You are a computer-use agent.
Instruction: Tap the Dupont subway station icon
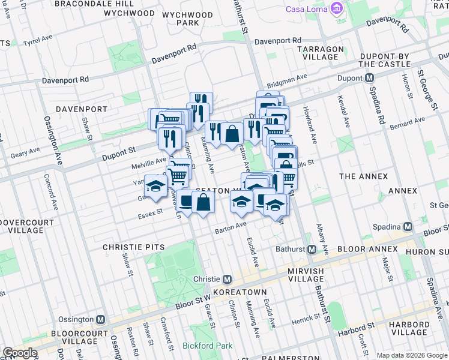coord(370,78)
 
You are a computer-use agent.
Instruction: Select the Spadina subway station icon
coord(408,227)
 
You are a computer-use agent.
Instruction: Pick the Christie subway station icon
coord(228,280)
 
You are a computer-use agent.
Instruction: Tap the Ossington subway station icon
coord(101,320)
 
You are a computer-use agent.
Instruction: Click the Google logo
coord(20,353)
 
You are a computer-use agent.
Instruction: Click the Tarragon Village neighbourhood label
coord(320,53)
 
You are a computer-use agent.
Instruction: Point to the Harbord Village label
coord(408,328)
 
